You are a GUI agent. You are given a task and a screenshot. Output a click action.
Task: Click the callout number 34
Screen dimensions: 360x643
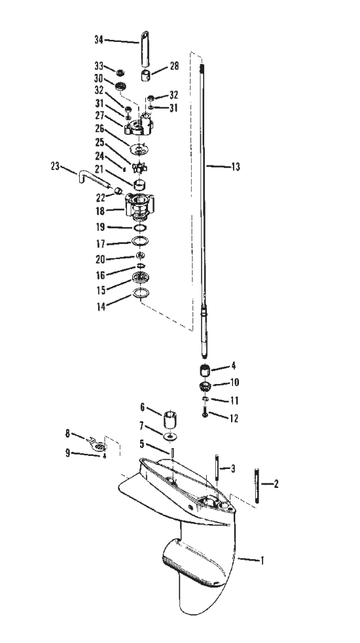click(99, 40)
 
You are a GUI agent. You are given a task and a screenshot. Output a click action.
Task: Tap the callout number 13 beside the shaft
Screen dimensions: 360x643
click(236, 167)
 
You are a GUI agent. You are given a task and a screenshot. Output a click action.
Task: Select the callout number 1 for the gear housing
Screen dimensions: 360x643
click(262, 560)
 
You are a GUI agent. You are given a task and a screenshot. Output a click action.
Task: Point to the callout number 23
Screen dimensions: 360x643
click(55, 166)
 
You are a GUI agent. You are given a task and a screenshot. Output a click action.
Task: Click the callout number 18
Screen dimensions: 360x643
click(99, 211)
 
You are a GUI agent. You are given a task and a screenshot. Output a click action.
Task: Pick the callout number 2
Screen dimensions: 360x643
click(276, 484)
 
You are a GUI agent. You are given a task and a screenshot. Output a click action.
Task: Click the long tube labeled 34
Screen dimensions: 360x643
click(144, 48)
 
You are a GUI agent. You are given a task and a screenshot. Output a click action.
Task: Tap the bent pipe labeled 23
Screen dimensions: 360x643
click(93, 179)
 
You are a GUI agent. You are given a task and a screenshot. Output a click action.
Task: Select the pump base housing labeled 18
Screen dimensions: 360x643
click(139, 207)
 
